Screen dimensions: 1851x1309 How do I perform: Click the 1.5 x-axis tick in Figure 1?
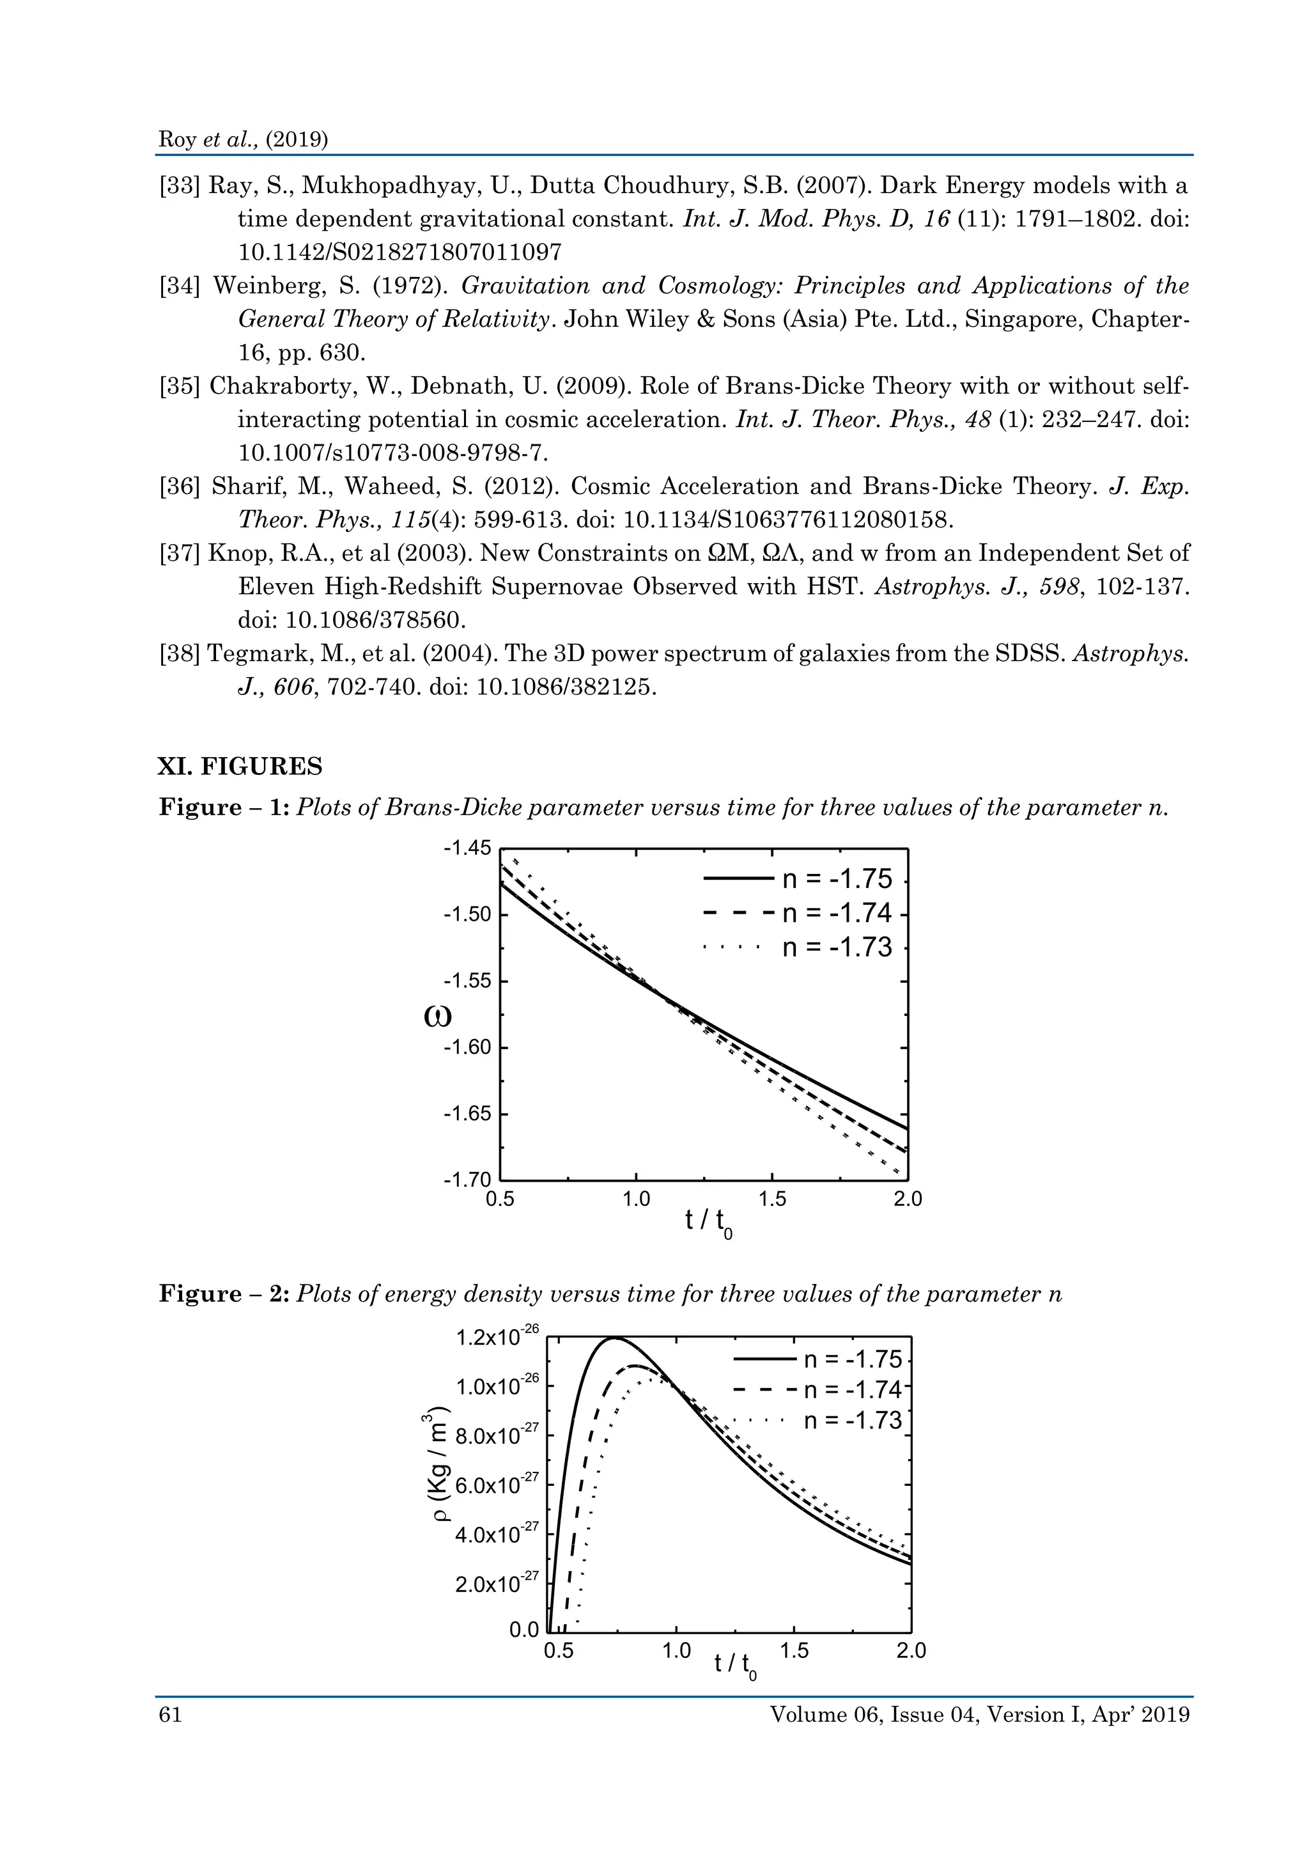point(772,1199)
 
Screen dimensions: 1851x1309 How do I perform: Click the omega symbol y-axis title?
point(438,1017)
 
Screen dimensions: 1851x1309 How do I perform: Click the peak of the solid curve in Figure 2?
point(615,1338)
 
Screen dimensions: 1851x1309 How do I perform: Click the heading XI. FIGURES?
point(240,766)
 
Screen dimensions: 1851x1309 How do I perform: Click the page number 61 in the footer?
point(170,1715)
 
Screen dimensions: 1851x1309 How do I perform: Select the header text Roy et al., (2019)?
point(244,139)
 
